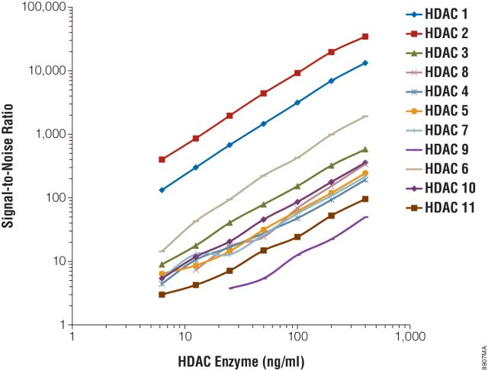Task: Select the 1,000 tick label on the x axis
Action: pos(409,336)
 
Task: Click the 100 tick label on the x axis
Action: pos(296,336)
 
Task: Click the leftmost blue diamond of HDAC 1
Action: pos(162,190)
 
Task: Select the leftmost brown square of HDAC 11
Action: pos(162,294)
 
